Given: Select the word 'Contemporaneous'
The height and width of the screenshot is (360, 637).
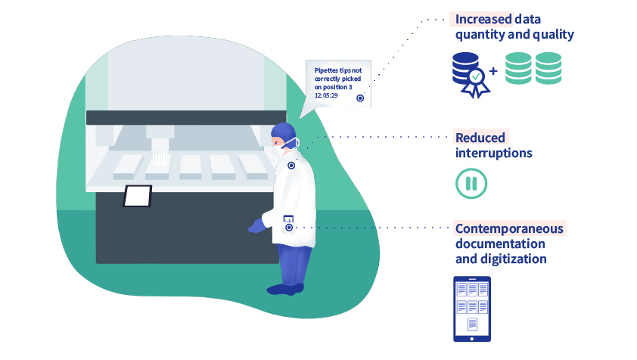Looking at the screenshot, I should [x=509, y=228].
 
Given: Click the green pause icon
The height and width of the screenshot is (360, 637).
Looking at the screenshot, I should [x=471, y=183].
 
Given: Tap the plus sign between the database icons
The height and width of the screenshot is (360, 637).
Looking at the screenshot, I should [x=493, y=72].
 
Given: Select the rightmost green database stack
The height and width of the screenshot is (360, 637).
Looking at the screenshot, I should [x=548, y=68].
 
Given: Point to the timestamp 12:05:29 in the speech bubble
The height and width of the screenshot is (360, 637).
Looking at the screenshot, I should [x=327, y=95].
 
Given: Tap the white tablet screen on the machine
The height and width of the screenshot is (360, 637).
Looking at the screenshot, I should [x=138, y=196].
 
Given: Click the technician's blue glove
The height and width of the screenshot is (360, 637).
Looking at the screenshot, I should [x=257, y=225].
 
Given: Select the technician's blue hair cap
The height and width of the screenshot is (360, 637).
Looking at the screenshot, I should [x=283, y=132].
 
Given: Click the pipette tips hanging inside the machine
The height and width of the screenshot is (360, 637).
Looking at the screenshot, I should [x=159, y=157].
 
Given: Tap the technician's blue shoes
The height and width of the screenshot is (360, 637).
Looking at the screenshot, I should [x=285, y=288].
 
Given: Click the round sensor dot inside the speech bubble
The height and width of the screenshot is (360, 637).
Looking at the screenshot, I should [x=360, y=98].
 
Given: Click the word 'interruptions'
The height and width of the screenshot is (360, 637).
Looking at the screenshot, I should [x=493, y=153].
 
